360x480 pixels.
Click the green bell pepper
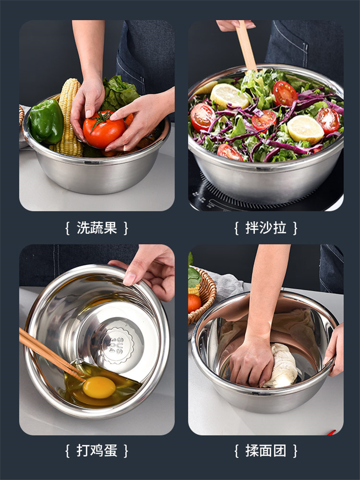(x=46, y=122)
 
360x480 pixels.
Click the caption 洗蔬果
(x=97, y=228)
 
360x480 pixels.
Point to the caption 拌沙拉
(x=265, y=228)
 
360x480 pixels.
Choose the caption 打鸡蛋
(x=97, y=451)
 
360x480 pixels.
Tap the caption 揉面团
(x=265, y=451)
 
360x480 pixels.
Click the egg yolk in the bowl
(x=99, y=387)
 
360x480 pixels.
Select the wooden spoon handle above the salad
(x=246, y=45)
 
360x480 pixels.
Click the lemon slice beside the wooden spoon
(x=229, y=96)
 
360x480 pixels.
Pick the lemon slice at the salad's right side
(x=305, y=130)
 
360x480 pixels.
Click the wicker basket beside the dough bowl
(x=204, y=295)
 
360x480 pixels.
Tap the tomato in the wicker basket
(x=194, y=303)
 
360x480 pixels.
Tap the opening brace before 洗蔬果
(x=67, y=228)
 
